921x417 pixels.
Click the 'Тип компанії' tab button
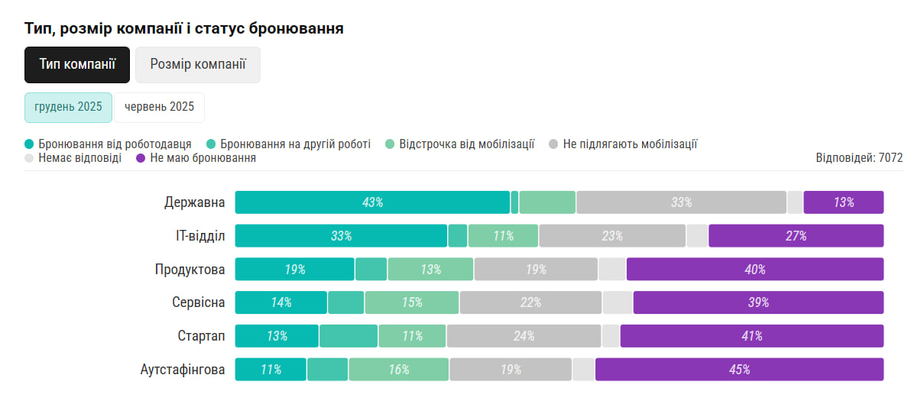point(77,65)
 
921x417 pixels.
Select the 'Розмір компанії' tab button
point(198,65)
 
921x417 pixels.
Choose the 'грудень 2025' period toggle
point(68,107)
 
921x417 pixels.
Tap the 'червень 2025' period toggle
point(160,107)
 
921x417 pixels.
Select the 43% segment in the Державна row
point(372,202)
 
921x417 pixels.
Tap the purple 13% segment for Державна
point(843,202)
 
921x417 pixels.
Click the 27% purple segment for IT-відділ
point(796,236)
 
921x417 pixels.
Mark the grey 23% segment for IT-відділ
point(612,236)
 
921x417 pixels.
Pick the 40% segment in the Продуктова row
point(754,270)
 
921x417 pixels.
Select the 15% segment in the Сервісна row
point(412,302)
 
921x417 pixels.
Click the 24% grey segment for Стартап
point(524,336)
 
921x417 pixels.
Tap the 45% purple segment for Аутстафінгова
point(739,370)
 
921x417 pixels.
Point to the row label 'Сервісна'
point(199,302)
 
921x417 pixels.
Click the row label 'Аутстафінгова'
point(183,370)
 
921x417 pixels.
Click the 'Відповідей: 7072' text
point(859,158)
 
